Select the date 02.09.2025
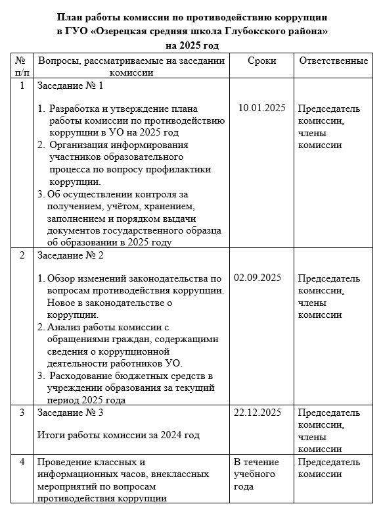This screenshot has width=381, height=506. coord(258,277)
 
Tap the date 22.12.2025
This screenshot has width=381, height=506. coord(258,413)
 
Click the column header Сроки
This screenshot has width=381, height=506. coord(262,61)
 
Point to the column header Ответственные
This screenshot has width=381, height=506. coord(333,61)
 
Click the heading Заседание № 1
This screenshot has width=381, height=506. coord(70,86)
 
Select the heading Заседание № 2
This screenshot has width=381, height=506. coord(70,255)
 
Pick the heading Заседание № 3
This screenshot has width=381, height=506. coord(70,413)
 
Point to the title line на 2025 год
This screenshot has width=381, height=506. coord(191,45)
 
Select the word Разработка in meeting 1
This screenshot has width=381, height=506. coord(76,109)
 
